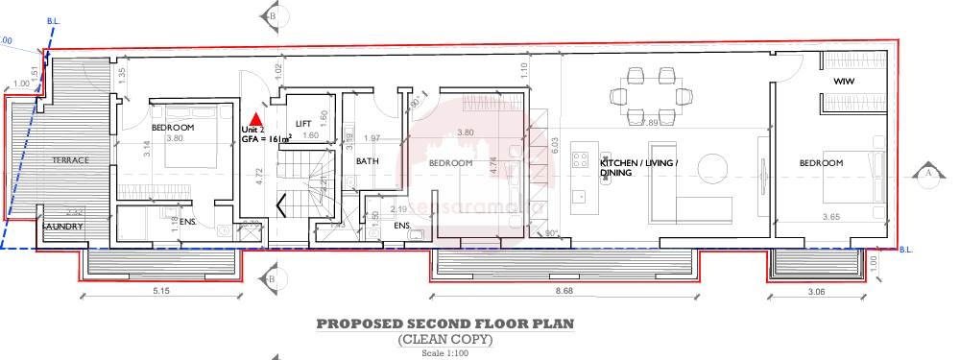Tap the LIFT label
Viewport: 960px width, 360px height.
click(303, 123)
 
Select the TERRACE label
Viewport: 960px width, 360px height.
click(70, 159)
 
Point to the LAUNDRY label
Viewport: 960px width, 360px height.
click(63, 227)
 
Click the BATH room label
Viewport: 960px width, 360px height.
click(368, 161)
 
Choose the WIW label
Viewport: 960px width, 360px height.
click(844, 81)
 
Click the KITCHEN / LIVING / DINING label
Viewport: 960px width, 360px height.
click(639, 168)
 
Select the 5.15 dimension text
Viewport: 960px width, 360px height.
click(159, 289)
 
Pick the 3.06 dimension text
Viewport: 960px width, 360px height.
click(815, 289)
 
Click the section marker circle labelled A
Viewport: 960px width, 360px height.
click(927, 174)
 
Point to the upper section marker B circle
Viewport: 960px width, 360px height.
click(273, 15)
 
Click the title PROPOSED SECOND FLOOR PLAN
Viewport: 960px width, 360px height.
click(445, 324)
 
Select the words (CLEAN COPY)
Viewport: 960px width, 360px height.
click(445, 340)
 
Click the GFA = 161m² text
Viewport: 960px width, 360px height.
click(267, 138)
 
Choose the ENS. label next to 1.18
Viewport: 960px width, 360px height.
click(188, 221)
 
